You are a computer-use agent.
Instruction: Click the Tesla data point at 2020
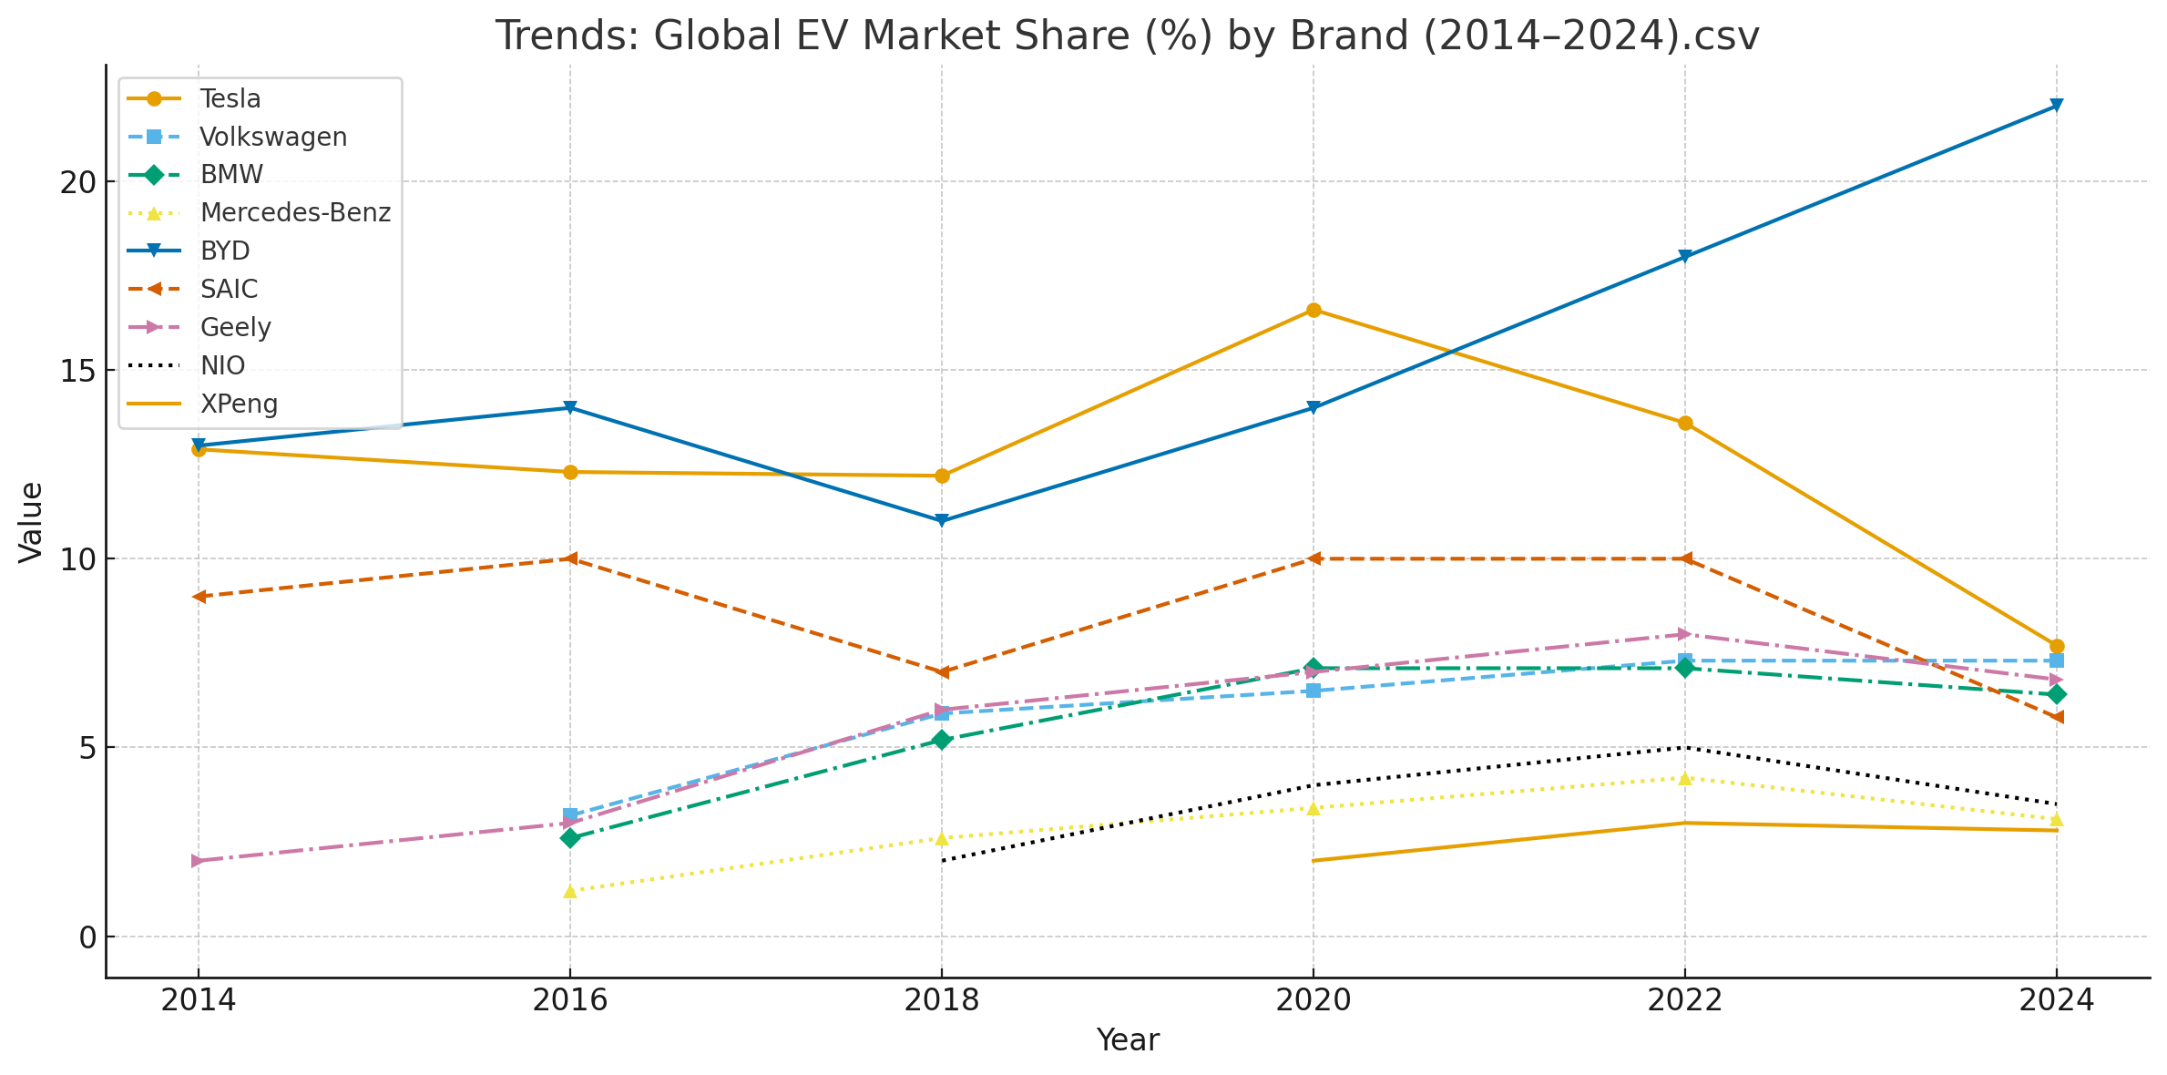pos(1313,310)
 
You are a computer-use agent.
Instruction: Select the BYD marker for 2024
pos(2056,106)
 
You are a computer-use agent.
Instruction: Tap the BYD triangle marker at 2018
pos(941,521)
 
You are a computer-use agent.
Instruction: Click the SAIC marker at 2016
pos(570,558)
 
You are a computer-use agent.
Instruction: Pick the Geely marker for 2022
pos(1684,634)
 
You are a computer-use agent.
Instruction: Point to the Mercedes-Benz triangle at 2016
pos(570,891)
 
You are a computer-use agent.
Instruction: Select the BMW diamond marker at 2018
pos(941,740)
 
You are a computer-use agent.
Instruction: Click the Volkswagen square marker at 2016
pos(570,815)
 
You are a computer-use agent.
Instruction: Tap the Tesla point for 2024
pos(2056,646)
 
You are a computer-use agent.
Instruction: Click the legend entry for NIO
pos(222,365)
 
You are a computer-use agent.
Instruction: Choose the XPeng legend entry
pos(239,404)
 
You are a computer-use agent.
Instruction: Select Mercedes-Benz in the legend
pos(295,212)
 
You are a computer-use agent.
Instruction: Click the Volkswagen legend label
pos(273,137)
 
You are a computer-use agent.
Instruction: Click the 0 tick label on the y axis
pos(87,937)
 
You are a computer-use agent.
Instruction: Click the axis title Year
pos(1127,1040)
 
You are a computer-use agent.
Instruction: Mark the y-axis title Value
pos(31,522)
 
